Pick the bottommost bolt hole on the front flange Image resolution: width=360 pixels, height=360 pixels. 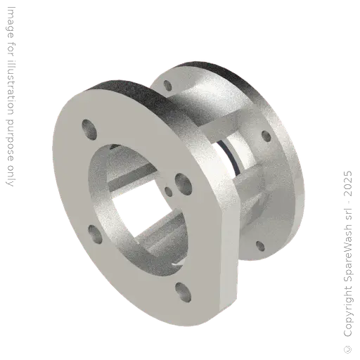click(183, 288)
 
